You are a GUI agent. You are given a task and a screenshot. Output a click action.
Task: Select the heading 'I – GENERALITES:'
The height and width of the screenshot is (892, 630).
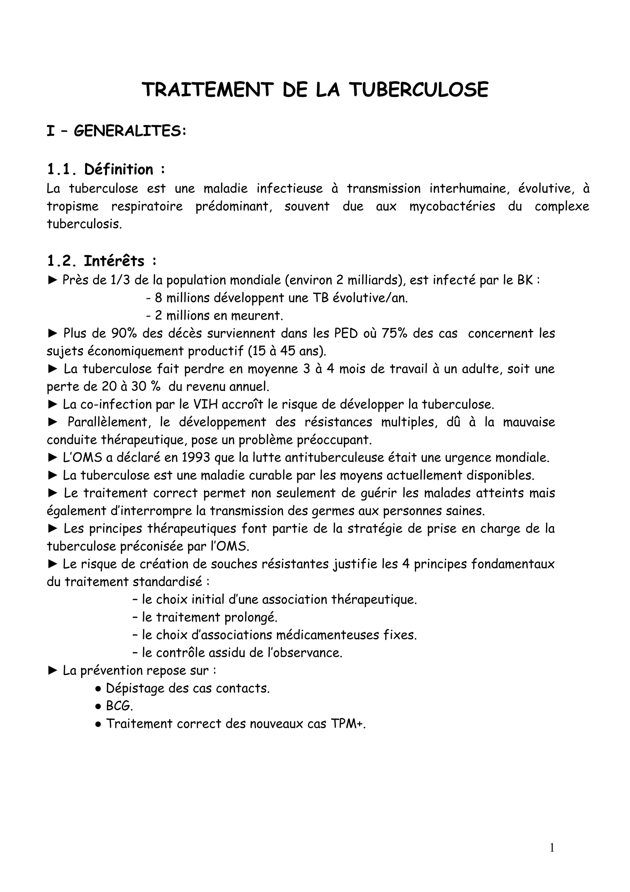tap(117, 131)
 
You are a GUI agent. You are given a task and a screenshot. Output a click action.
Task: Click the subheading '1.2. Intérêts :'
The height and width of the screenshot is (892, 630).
tap(102, 261)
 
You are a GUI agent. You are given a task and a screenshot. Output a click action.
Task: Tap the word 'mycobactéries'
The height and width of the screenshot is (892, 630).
tap(452, 206)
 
